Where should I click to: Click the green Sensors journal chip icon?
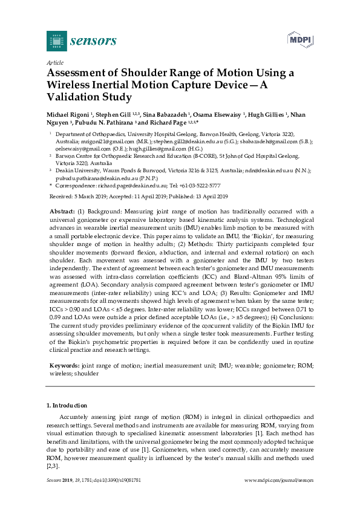[56, 41]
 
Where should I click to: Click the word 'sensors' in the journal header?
[94, 41]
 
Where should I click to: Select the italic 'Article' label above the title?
[54, 62]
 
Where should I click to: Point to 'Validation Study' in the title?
[89, 96]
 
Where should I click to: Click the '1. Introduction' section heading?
[67, 405]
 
